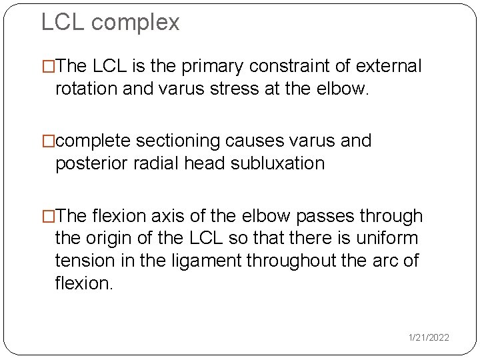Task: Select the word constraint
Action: pyautogui.click(x=283, y=67)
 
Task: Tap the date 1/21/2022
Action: pyautogui.click(x=429, y=338)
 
